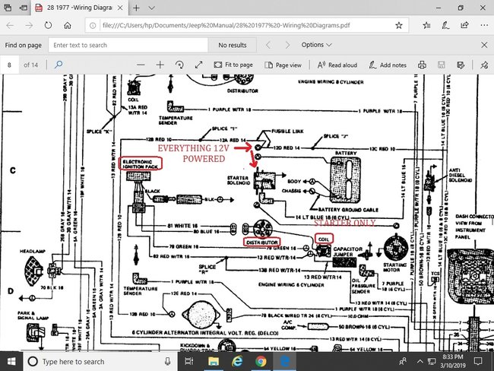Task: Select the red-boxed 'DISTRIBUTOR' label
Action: click(262, 243)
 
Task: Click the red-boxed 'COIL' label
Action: click(324, 238)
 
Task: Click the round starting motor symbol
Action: click(396, 247)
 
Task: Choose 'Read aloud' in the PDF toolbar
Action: click(337, 65)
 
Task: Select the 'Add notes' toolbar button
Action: click(387, 65)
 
